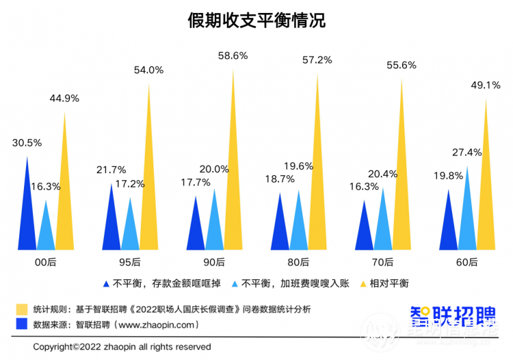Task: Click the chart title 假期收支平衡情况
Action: point(256,21)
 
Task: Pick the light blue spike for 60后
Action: point(467,219)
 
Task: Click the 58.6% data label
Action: point(233,55)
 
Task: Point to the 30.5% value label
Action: point(27,143)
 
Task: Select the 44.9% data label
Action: point(64,98)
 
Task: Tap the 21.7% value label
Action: point(111,170)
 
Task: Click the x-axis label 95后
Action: point(130,261)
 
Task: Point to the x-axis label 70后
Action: point(384,261)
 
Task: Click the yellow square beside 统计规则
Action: point(21,309)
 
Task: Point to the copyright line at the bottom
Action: point(122,346)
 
